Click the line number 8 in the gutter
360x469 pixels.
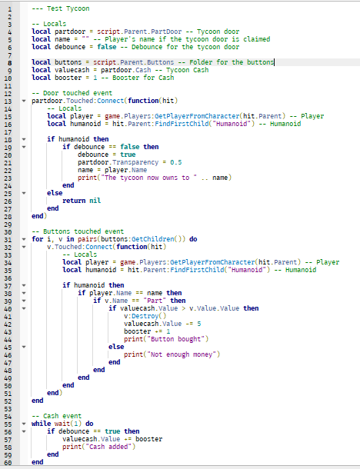(x=10, y=63)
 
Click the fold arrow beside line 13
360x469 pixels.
(x=24, y=101)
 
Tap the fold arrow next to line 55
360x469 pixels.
(x=24, y=424)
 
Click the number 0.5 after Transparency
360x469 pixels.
(x=176, y=162)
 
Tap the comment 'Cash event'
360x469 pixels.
(x=57, y=416)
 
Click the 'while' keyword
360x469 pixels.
(x=42, y=424)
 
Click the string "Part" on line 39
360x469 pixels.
(x=155, y=301)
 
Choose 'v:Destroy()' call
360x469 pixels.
(x=145, y=316)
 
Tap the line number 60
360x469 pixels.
(x=8, y=462)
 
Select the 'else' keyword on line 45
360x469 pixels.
(x=116, y=347)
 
